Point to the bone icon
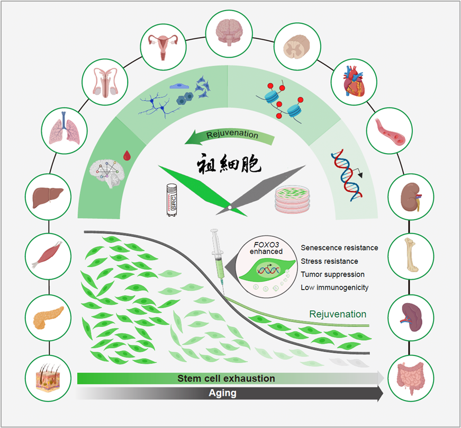click(x=411, y=256)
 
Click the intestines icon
click(x=411, y=377)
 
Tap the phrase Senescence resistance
click(x=339, y=247)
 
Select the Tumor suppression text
click(x=332, y=274)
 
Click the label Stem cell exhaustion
click(x=226, y=378)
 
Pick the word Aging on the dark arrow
click(x=222, y=394)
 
